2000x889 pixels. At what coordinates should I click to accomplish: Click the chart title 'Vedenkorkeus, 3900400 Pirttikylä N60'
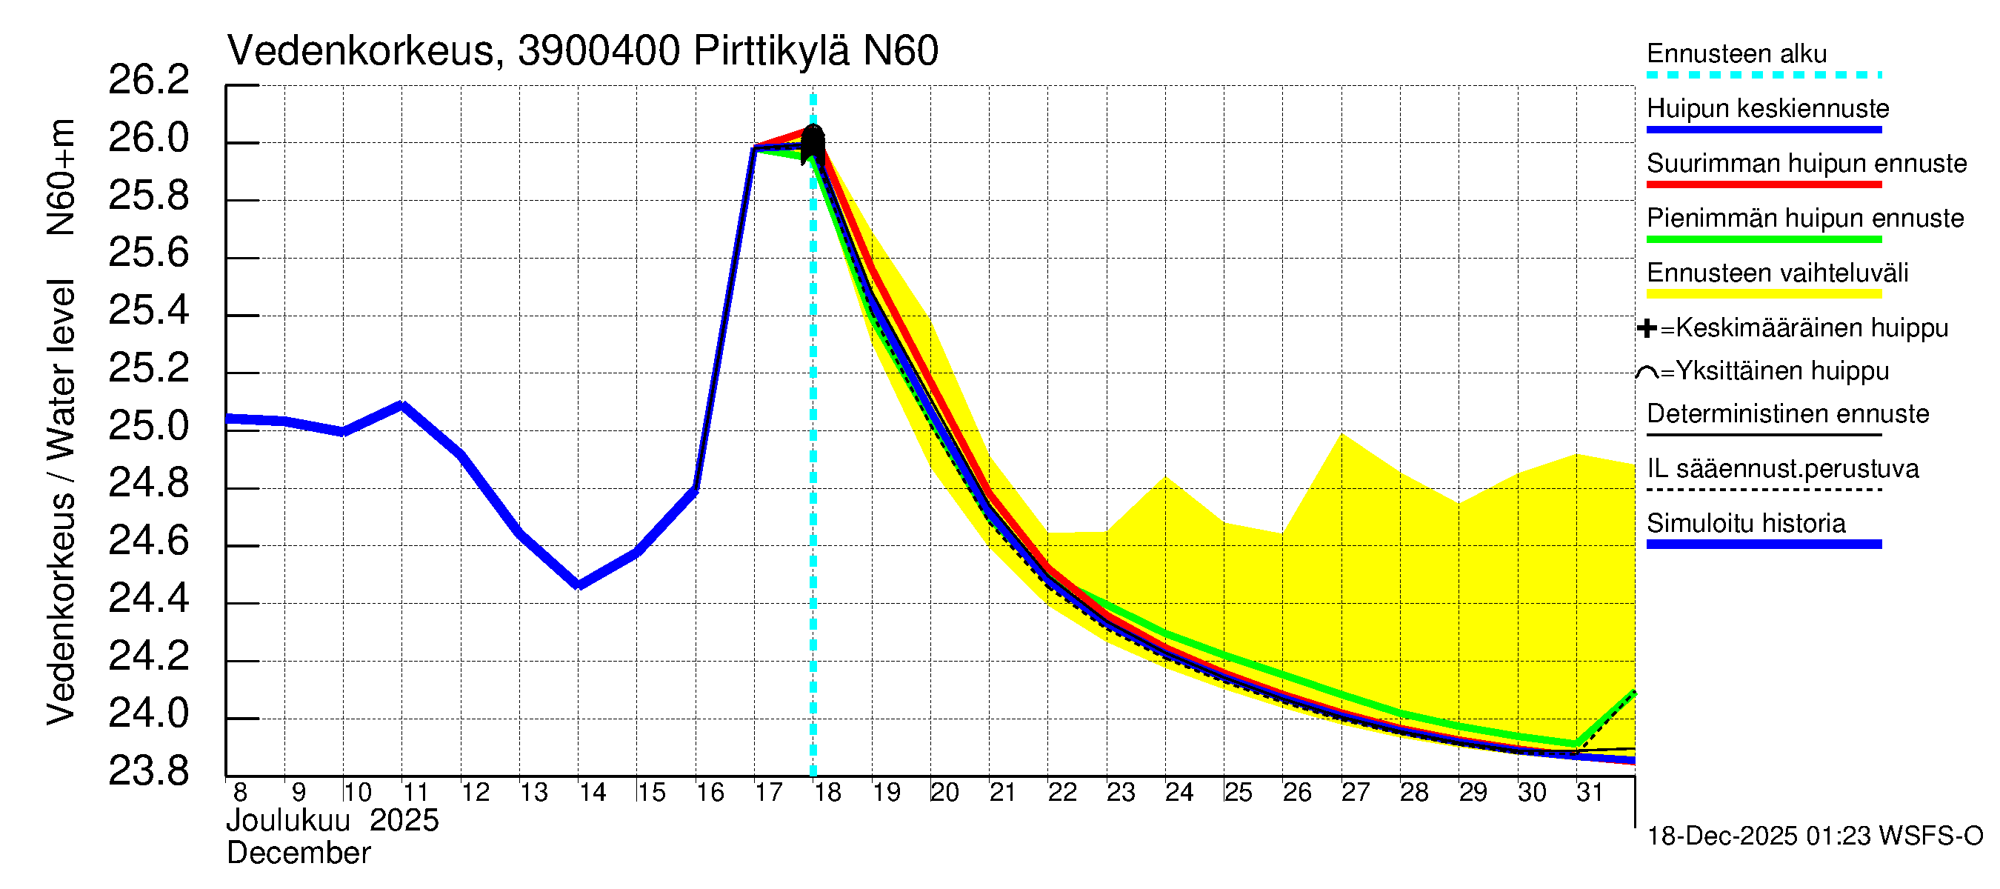click(582, 51)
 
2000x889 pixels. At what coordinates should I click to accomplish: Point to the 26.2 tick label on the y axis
click(148, 80)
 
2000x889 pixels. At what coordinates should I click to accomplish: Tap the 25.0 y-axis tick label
click(148, 426)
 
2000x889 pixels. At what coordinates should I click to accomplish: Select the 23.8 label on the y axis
click(148, 771)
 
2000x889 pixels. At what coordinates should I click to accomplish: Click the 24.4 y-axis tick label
click(148, 599)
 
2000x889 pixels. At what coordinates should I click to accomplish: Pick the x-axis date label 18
click(827, 793)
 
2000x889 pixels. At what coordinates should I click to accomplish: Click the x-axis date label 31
click(1590, 793)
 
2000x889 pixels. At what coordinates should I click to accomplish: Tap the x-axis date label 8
click(240, 793)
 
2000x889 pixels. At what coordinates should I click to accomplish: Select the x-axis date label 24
click(1179, 793)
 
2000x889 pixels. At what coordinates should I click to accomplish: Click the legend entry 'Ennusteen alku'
click(1737, 54)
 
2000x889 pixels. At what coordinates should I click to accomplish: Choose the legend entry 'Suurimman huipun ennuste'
click(1806, 164)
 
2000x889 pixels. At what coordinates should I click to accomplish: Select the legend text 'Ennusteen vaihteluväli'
click(1777, 273)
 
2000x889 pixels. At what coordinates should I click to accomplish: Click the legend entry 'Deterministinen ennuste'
click(1787, 414)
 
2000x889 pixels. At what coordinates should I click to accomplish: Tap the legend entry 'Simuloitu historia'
click(1746, 523)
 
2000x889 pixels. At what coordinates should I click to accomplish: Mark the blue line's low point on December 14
click(579, 585)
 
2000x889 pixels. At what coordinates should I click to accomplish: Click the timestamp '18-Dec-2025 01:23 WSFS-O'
click(1814, 836)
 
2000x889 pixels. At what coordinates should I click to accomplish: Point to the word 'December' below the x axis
click(298, 853)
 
